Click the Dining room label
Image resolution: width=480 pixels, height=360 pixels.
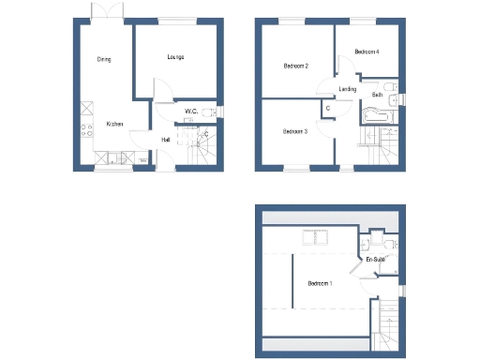104,59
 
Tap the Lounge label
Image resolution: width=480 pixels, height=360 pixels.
175,57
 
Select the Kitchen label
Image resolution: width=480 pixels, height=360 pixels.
114,124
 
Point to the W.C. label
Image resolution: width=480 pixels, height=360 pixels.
190,112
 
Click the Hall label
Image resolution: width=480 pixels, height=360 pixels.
165,141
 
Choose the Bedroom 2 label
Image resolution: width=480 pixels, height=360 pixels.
296,66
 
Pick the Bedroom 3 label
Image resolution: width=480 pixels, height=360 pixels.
295,132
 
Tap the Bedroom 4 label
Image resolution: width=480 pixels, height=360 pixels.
367,52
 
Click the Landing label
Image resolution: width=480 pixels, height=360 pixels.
347,89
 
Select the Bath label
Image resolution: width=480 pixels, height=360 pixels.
377,95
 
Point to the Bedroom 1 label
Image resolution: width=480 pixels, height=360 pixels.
320,283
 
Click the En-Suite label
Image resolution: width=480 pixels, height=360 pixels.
376,259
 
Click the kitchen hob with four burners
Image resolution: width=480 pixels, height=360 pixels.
86,130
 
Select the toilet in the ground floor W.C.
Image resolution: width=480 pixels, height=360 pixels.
216,112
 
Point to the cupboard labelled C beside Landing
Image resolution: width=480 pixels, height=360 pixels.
327,109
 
